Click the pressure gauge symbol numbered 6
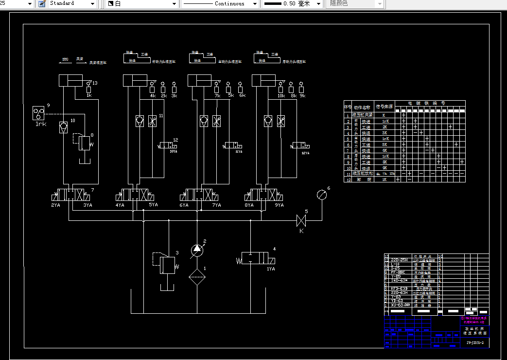[321, 195]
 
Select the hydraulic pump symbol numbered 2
[197, 250]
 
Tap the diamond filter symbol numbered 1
[197, 279]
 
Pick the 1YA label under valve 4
[271, 269]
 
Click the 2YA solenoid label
[56, 205]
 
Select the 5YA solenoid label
[153, 205]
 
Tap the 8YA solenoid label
[249, 205]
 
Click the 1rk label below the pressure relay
[41, 124]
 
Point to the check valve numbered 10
[63, 127]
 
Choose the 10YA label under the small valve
[173, 152]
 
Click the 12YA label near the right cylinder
[305, 153]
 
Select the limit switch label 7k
[217, 96]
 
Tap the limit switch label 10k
[281, 96]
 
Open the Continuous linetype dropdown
[220, 3]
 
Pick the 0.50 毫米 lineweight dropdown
[292, 3]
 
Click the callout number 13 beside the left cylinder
[95, 83]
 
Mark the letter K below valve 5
[301, 231]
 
